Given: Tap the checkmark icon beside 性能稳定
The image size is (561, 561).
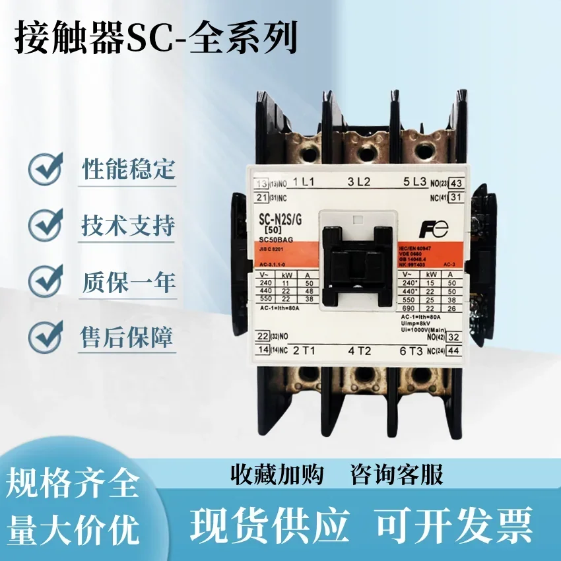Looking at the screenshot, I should pyautogui.click(x=46, y=170).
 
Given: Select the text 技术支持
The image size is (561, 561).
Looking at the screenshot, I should pyautogui.click(x=128, y=226).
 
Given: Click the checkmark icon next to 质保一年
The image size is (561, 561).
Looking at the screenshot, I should pyautogui.click(x=46, y=282).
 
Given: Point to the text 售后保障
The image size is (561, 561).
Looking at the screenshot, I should pyautogui.click(x=128, y=338).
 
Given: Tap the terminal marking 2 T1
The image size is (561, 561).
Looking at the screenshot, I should pyautogui.click(x=306, y=350).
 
